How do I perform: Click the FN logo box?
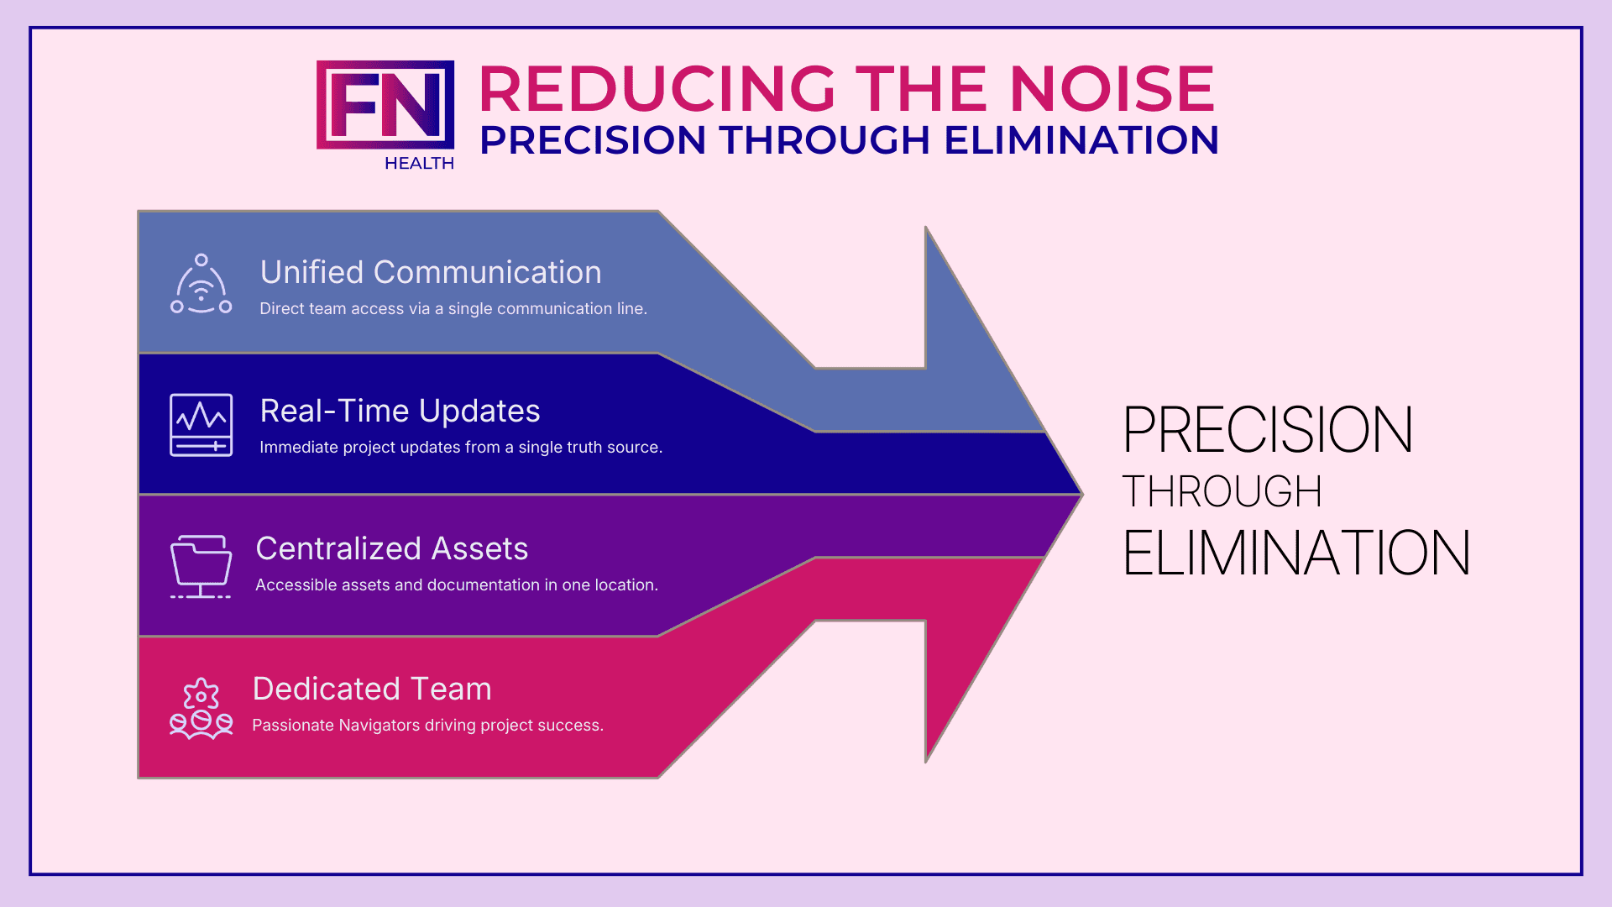[385, 105]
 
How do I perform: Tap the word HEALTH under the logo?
[419, 164]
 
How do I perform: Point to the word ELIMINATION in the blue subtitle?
[1081, 140]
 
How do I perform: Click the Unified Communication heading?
[431, 272]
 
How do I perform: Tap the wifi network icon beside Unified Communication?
[201, 284]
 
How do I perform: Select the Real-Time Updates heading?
[400, 411]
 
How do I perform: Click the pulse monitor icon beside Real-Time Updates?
[201, 425]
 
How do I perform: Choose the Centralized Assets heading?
[392, 548]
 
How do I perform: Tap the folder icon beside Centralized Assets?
[201, 567]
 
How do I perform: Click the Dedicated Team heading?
[372, 689]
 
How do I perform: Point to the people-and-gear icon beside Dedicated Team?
[201, 709]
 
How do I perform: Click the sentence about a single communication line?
[453, 309]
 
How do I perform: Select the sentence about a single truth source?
[461, 448]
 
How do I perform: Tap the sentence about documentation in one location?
[457, 585]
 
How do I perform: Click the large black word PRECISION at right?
[1268, 430]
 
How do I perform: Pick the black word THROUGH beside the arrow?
[1222, 491]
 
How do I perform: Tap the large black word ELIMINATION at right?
[1296, 553]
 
